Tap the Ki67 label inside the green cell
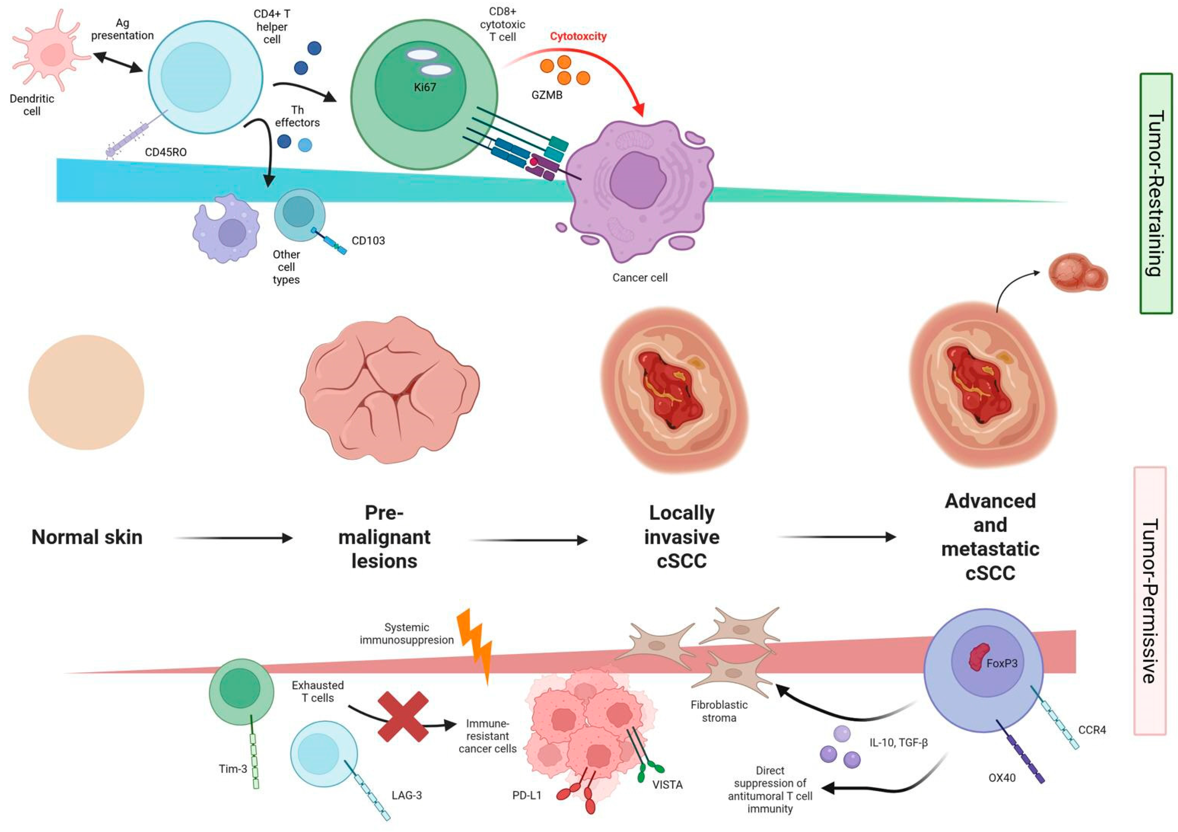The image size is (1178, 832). click(425, 87)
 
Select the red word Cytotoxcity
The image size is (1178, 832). click(578, 37)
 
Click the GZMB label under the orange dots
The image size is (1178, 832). click(547, 95)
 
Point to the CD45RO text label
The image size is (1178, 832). click(166, 152)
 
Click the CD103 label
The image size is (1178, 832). click(368, 241)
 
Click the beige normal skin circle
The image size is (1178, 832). click(86, 393)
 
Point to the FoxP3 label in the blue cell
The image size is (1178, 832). click(1002, 663)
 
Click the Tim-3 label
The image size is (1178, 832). click(233, 769)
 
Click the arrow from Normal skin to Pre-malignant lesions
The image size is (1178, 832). click(234, 538)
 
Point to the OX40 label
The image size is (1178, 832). click(1002, 778)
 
